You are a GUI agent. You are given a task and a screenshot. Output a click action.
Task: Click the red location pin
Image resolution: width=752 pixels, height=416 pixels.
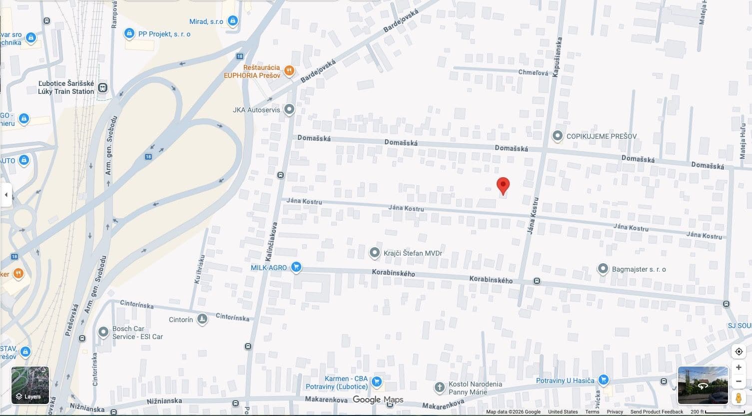point(503,185)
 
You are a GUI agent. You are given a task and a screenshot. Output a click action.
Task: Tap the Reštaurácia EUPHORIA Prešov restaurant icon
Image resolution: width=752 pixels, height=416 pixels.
point(289,71)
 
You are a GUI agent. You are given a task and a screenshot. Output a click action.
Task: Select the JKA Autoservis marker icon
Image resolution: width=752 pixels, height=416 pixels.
point(289,109)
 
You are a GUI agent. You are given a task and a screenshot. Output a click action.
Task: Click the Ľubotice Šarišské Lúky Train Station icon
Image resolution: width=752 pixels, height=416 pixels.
point(102,88)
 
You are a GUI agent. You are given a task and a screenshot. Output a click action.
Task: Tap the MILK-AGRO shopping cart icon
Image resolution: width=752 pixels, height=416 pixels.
point(296,267)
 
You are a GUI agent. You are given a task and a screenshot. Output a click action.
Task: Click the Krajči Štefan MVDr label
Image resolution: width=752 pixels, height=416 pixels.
point(413,253)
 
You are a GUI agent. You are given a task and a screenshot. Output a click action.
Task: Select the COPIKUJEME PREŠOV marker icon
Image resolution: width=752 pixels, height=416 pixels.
point(558,136)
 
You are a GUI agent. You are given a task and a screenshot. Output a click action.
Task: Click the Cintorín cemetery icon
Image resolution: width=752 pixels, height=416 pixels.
point(202,319)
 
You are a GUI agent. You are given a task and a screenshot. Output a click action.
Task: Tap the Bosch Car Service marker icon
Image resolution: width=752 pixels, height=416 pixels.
point(103,332)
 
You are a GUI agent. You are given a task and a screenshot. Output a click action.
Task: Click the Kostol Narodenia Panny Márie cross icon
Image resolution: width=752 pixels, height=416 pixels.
point(439,388)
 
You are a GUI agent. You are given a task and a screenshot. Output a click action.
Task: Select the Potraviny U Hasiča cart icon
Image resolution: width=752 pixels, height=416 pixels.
point(604,380)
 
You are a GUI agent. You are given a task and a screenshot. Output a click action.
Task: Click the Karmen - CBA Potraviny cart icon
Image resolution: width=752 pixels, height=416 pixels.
point(377,383)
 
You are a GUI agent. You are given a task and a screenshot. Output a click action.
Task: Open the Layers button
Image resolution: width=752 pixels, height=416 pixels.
point(30,385)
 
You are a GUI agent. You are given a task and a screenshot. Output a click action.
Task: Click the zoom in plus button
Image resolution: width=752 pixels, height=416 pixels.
point(739,367)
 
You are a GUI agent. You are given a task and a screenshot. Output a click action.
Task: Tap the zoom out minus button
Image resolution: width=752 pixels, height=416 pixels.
point(739,382)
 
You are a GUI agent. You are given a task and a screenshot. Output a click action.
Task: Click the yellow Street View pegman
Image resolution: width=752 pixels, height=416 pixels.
point(739,398)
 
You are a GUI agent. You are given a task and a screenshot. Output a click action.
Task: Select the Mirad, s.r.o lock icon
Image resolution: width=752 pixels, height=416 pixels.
point(232,21)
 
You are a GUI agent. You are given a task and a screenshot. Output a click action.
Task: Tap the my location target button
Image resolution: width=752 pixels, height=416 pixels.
point(739,351)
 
